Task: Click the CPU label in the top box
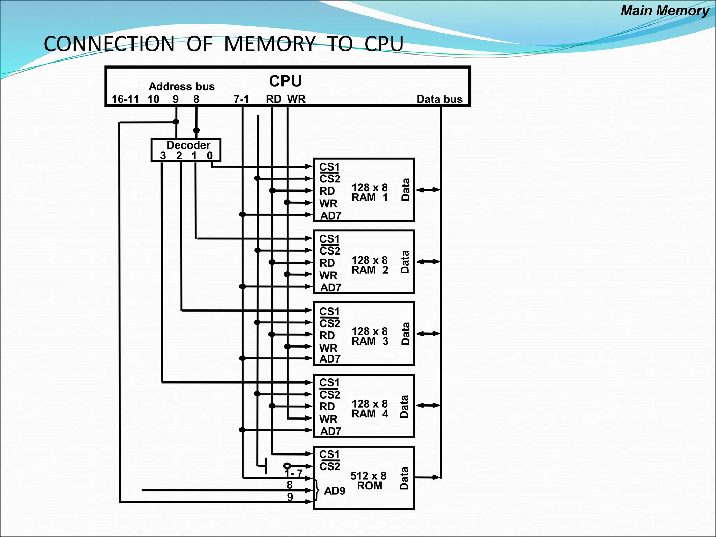click(285, 81)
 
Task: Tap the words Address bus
click(181, 86)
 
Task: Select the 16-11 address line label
click(125, 99)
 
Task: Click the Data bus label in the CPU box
click(439, 99)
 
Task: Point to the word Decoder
click(188, 145)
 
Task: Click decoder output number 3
click(163, 156)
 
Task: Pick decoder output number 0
click(209, 156)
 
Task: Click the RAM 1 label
click(370, 198)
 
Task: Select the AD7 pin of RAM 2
click(330, 287)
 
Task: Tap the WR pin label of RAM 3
click(328, 348)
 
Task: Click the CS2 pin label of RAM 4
click(330, 395)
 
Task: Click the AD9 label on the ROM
click(335, 491)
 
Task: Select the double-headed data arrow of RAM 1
click(428, 190)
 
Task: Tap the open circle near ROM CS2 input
click(287, 466)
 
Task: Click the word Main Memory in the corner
click(665, 11)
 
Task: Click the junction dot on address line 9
click(176, 122)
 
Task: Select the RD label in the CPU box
click(273, 99)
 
